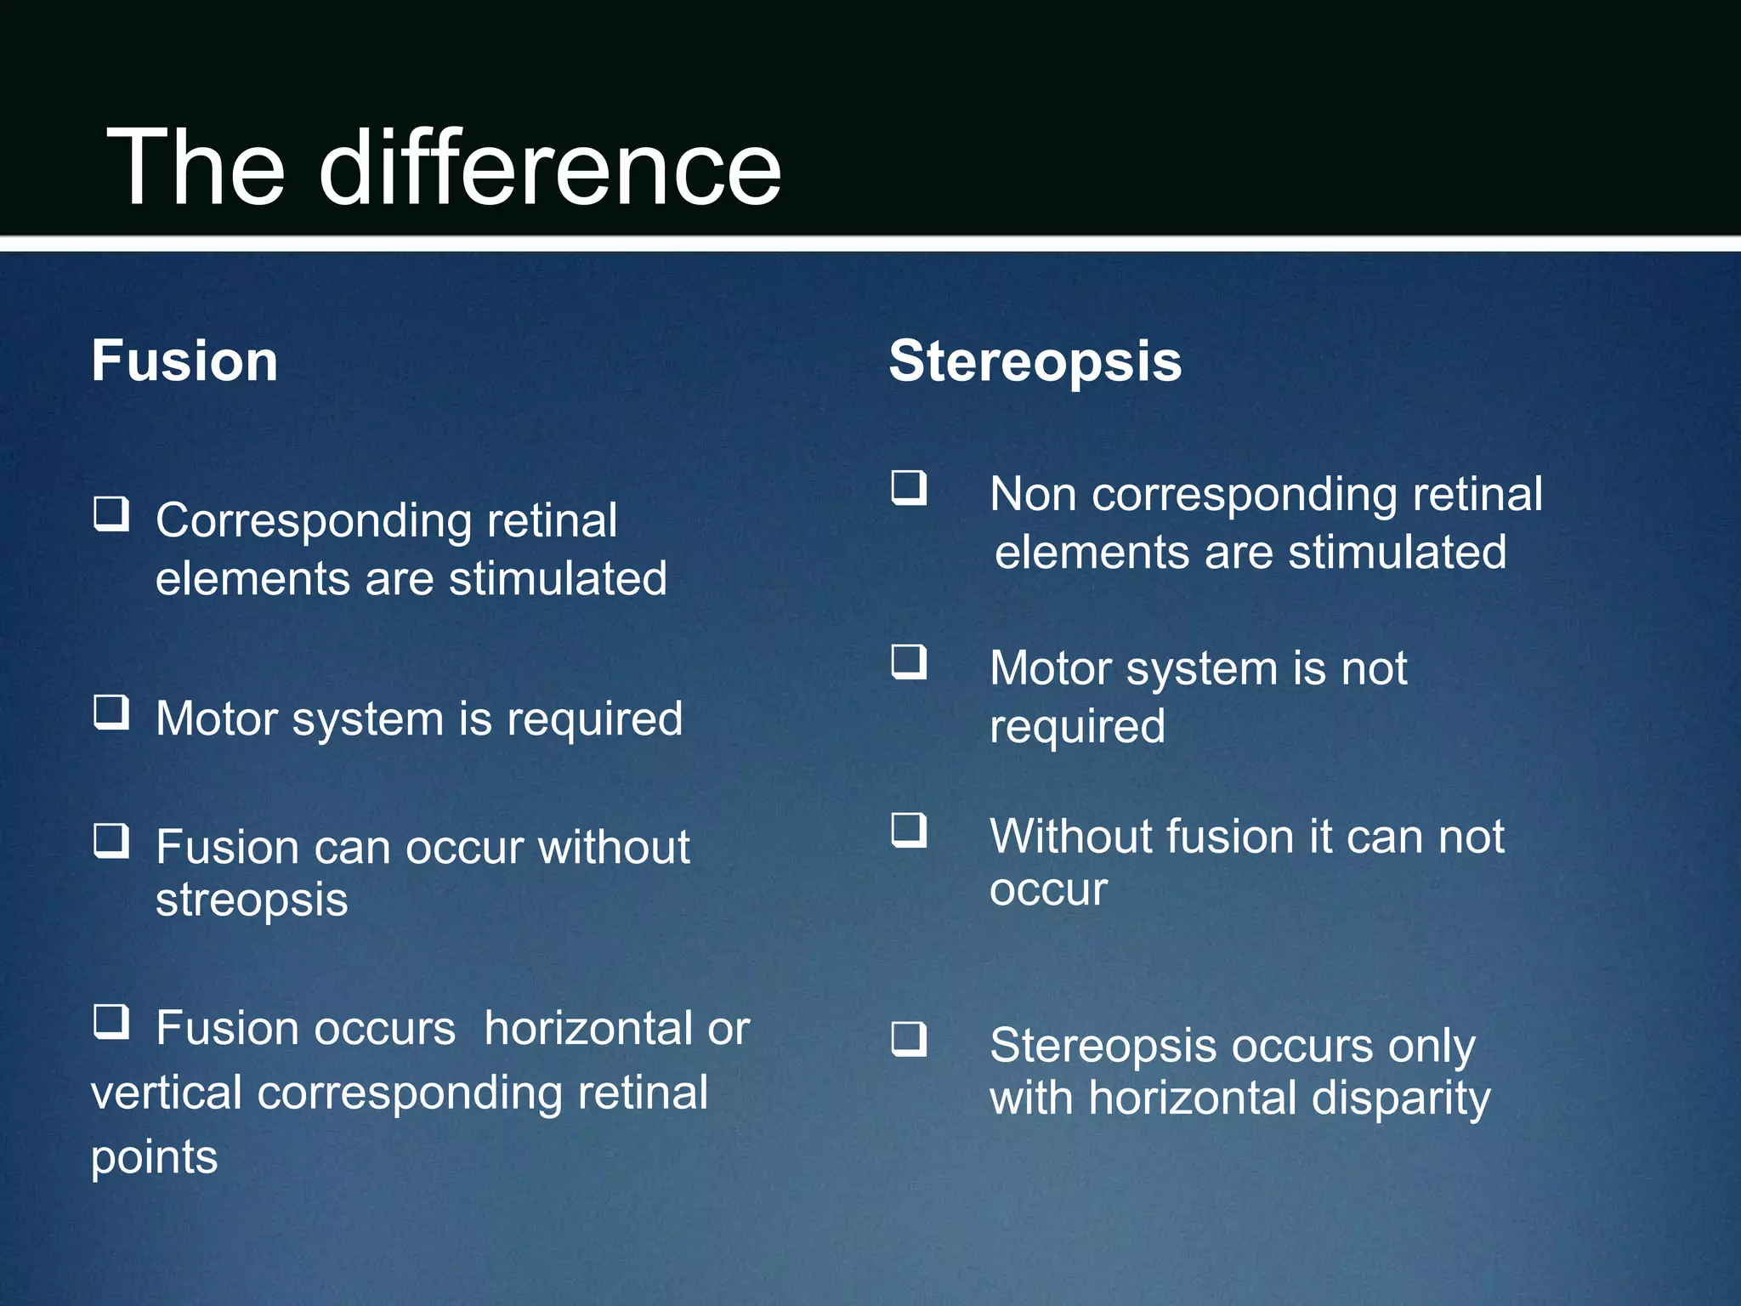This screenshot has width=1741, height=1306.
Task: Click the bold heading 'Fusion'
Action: point(184,361)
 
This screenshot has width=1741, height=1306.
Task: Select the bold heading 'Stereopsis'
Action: point(1035,361)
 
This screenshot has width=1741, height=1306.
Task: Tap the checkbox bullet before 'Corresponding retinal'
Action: point(111,514)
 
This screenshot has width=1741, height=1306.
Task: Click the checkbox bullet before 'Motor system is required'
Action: point(111,713)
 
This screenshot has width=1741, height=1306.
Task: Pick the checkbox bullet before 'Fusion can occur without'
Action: point(111,841)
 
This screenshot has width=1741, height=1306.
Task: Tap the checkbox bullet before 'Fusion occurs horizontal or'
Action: point(111,1022)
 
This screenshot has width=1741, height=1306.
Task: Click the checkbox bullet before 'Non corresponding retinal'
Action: point(909,488)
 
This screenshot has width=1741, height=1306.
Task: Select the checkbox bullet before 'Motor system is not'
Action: point(909,662)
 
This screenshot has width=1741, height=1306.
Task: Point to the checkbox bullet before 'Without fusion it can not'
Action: point(909,830)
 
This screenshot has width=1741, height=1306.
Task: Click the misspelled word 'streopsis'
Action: point(252,900)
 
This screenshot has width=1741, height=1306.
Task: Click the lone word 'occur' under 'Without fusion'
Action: point(1048,890)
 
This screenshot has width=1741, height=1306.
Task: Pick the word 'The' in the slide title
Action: point(196,168)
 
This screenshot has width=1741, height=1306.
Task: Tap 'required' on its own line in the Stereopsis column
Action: point(1077,727)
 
